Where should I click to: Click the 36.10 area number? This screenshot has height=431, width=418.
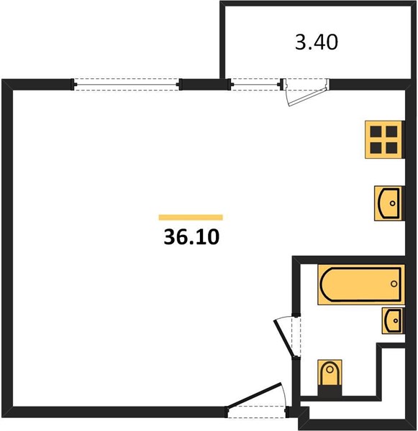pyautogui.click(x=191, y=237)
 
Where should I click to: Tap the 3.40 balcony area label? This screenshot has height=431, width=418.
pyautogui.click(x=317, y=42)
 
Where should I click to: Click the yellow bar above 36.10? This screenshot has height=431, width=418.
pyautogui.click(x=191, y=218)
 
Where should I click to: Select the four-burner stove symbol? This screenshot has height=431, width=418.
pyautogui.click(x=383, y=139)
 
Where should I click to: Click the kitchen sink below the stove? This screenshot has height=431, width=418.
pyautogui.click(x=388, y=203)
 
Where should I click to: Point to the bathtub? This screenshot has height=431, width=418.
pyautogui.click(x=361, y=284)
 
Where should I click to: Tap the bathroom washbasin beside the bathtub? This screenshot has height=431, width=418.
pyautogui.click(x=391, y=321)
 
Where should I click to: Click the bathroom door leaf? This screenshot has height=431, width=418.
pyautogui.click(x=283, y=338)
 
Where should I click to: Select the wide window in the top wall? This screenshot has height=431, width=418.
pyautogui.click(x=127, y=84)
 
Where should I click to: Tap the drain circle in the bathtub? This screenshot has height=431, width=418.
pyautogui.click(x=394, y=284)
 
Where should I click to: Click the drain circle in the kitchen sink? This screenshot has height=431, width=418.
pyautogui.click(x=393, y=203)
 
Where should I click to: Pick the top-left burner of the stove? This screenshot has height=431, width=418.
pyautogui.click(x=376, y=131)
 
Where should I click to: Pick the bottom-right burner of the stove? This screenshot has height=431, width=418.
pyautogui.click(x=391, y=148)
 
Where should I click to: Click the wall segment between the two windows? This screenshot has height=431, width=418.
pyautogui.click(x=205, y=84)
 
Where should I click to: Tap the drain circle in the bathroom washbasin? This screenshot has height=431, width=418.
pyautogui.click(x=396, y=320)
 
